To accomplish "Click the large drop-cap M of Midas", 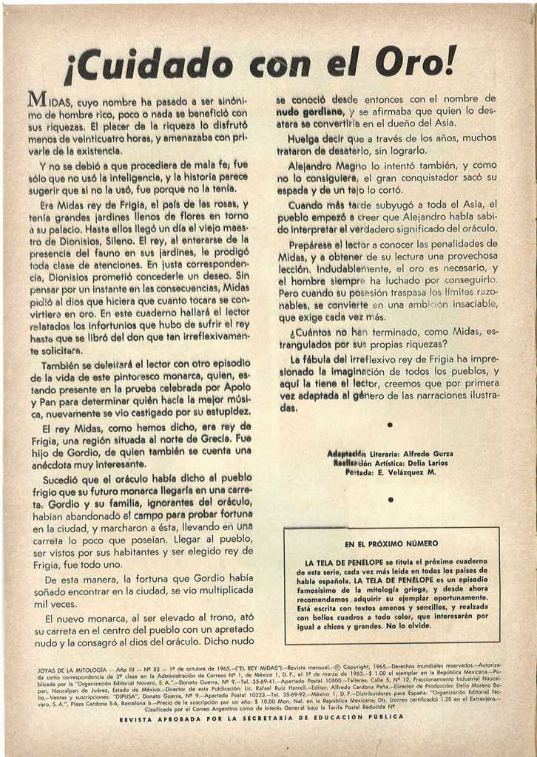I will pyautogui.click(x=38, y=100).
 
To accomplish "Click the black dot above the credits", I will pyautogui.click(x=390, y=427).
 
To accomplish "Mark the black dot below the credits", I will pyautogui.click(x=390, y=500).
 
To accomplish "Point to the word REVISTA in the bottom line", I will pyautogui.click(x=136, y=719).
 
